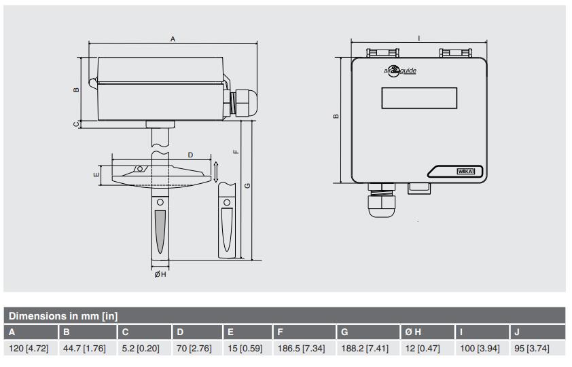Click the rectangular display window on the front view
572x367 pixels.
pyautogui.click(x=419, y=98)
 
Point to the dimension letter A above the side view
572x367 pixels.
pyautogui.click(x=173, y=40)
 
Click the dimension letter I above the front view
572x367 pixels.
pyautogui.click(x=419, y=38)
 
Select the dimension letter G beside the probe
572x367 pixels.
pyautogui.click(x=247, y=185)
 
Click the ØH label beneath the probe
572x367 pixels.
pyautogui.click(x=160, y=274)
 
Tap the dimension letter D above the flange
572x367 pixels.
pyautogui.click(x=190, y=155)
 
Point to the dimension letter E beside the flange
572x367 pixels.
pyautogui.click(x=96, y=174)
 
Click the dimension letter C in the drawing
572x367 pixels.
pyautogui.click(x=77, y=123)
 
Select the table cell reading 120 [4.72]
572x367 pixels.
pyautogui.click(x=29, y=349)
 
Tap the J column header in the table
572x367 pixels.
pyautogui.click(x=518, y=332)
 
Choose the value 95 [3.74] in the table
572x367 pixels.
pyautogui.click(x=531, y=349)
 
